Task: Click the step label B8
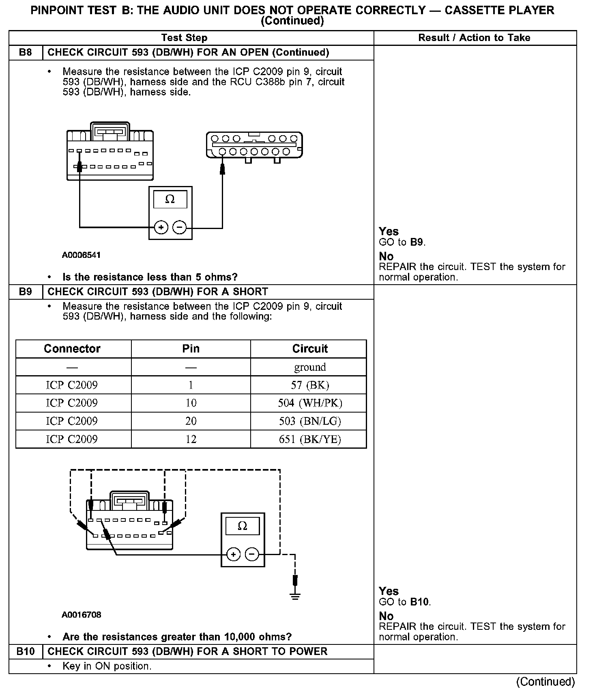25,52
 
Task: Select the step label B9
25,292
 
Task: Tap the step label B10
26,651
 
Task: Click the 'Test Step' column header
184,38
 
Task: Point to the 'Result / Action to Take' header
474,38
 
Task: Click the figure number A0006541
81,255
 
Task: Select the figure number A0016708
81,614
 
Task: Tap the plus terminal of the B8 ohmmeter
161,227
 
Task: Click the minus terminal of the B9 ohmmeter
252,554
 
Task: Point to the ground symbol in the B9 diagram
295,596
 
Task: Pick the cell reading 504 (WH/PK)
310,403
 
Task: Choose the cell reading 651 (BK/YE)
310,439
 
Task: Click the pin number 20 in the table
191,421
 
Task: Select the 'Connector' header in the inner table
72,349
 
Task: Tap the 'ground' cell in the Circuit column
310,367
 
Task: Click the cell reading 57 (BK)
310,385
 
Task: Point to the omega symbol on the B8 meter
170,199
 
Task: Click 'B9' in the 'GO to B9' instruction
417,242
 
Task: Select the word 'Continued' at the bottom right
545,682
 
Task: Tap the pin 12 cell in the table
191,439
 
